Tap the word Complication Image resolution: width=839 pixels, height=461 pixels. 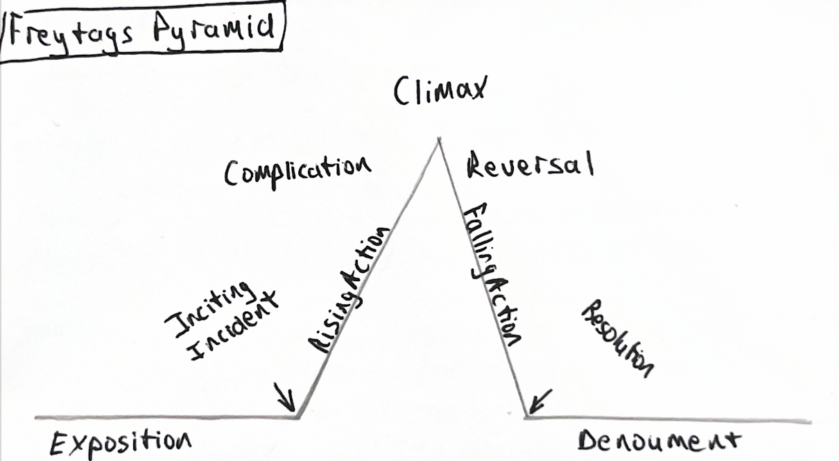pos(297,169)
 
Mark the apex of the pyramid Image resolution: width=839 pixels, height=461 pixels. pos(438,140)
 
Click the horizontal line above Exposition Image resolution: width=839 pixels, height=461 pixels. pos(166,417)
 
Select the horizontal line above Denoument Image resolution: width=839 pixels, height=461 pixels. pos(666,419)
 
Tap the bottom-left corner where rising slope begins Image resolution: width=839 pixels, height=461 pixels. pos(298,417)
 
